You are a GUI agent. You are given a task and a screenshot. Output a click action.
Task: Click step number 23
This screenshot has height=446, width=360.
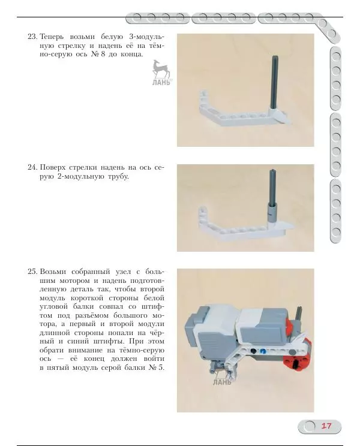[x=32, y=37]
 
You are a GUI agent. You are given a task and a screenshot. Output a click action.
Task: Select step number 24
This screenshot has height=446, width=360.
[x=32, y=167]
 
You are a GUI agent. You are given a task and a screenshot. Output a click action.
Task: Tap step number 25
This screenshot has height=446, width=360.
[x=32, y=272]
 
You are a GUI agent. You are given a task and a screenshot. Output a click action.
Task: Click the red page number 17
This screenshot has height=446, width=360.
[x=326, y=426]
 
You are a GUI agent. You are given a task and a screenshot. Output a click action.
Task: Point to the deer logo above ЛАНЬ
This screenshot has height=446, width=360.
[x=161, y=69]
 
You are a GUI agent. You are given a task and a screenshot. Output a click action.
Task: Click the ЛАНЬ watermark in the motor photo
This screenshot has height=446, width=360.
[x=222, y=382]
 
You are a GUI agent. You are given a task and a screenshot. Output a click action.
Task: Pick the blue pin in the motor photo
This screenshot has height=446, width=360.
[x=263, y=351]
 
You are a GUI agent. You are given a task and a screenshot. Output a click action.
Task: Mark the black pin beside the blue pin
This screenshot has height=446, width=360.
[x=253, y=351]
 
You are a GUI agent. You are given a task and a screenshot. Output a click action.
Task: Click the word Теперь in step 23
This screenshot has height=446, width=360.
[x=53, y=37]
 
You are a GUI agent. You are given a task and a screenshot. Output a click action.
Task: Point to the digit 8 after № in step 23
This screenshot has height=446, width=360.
[x=103, y=54]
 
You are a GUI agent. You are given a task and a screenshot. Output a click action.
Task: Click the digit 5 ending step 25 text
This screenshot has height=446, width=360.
[x=161, y=367]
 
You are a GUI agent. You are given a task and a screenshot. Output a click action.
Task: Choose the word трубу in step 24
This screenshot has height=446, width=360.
[x=118, y=177]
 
